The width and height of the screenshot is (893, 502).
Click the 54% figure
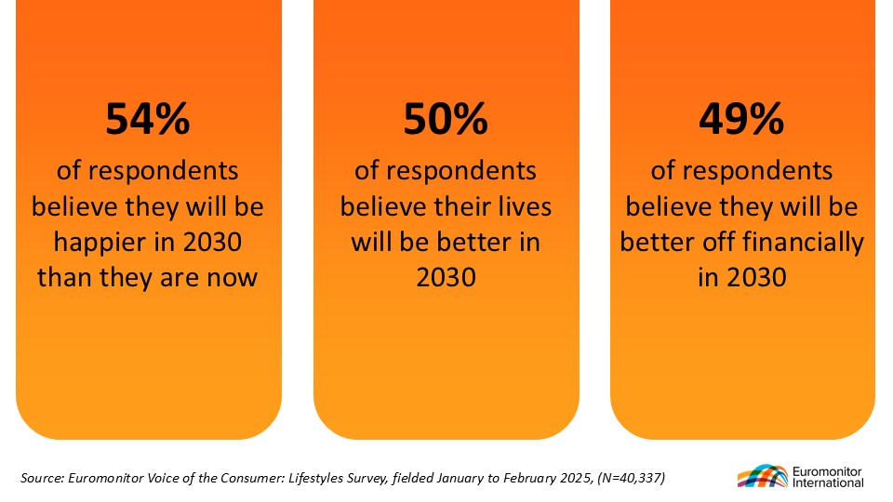(148, 118)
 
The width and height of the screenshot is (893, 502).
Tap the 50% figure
(446, 118)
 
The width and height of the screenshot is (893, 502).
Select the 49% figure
(741, 118)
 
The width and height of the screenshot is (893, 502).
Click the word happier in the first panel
(100, 243)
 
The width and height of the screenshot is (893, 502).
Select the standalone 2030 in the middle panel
(446, 278)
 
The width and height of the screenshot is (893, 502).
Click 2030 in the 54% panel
(212, 243)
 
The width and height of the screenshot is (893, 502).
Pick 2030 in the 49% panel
(756, 278)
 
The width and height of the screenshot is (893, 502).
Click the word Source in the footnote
(42, 478)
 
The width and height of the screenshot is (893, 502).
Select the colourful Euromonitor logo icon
(763, 476)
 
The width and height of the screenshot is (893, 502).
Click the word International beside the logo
(828, 482)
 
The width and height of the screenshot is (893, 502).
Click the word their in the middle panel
(465, 206)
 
